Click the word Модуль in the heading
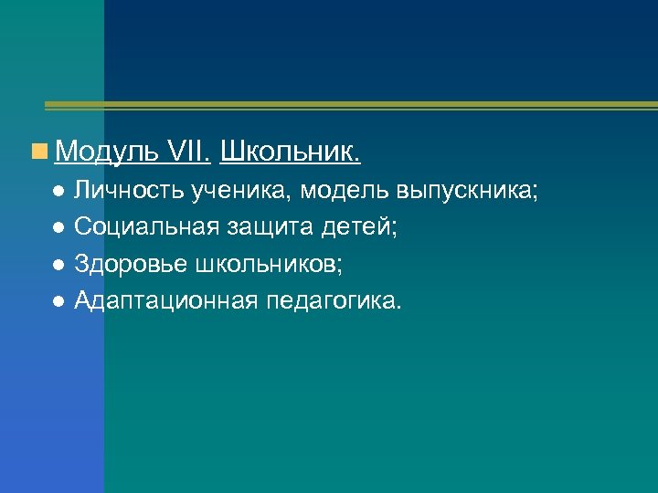[x=107, y=152]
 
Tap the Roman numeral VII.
[x=190, y=152]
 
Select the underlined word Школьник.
[x=291, y=152]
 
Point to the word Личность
[x=132, y=191]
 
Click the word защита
[x=271, y=227]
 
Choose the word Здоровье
[x=133, y=264]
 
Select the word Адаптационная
[x=166, y=300]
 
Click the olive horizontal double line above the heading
[x=347, y=106]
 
